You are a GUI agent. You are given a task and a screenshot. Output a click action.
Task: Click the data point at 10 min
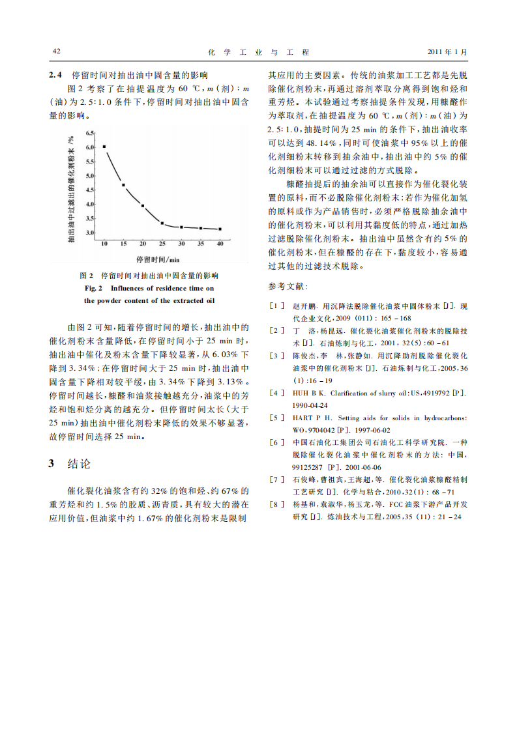(x=104, y=147)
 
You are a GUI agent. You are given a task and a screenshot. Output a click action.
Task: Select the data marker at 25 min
(x=162, y=223)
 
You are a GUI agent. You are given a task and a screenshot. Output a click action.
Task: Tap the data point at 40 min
(x=220, y=229)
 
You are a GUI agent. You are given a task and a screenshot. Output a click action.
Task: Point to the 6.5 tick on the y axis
(x=90, y=133)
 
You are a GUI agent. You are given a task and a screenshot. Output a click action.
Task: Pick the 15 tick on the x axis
(x=123, y=243)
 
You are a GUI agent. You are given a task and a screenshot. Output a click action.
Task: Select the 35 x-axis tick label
(x=201, y=243)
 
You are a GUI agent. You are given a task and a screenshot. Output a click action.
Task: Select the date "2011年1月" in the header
(x=447, y=51)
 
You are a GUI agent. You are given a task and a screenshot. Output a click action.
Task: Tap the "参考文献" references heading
(x=289, y=286)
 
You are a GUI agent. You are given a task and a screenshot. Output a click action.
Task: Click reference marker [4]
(x=277, y=393)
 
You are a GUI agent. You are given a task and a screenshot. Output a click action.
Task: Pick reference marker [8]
(x=277, y=504)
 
